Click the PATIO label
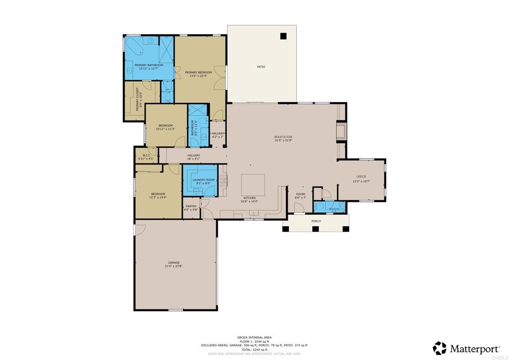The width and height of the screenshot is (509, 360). pyautogui.click(x=261, y=67)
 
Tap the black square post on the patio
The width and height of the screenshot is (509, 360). pyautogui.click(x=283, y=36)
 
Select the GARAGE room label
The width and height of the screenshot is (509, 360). pyautogui.click(x=173, y=263)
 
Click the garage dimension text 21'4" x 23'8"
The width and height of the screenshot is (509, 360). pyautogui.click(x=173, y=267)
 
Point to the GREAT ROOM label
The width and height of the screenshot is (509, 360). pyautogui.click(x=283, y=137)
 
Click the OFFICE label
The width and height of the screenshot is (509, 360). pyautogui.click(x=361, y=177)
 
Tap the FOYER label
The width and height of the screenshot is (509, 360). pyautogui.click(x=301, y=194)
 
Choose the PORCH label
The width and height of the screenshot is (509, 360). pyautogui.click(x=316, y=221)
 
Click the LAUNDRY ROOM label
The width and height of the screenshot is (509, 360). pyautogui.click(x=203, y=180)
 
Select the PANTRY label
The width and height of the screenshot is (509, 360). pyautogui.click(x=191, y=206)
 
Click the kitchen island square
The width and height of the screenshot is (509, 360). pyautogui.click(x=254, y=185)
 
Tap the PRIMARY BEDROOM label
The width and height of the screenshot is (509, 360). pyautogui.click(x=198, y=73)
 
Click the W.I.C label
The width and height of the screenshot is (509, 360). pyautogui.click(x=147, y=155)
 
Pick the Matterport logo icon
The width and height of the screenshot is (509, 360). pyautogui.click(x=439, y=348)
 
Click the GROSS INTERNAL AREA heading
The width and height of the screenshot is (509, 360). pyautogui.click(x=254, y=337)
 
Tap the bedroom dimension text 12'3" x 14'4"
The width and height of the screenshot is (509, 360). pyautogui.click(x=158, y=198)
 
